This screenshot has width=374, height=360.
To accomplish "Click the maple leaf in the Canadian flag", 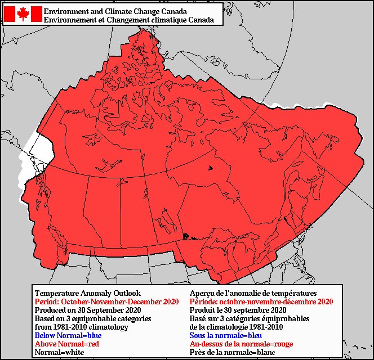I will point(23,14).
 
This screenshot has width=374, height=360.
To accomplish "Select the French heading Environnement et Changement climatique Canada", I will point(128,20).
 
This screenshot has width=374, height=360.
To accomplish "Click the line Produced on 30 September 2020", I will point(86,310).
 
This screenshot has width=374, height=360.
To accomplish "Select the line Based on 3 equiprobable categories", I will point(93,318).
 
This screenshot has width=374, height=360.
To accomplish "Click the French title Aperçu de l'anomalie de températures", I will point(253,293).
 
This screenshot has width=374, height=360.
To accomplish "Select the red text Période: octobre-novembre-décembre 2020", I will point(261,301).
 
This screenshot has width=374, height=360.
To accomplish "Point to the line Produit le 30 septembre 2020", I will point(238,310).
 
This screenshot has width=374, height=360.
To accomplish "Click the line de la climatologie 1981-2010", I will point(237,327).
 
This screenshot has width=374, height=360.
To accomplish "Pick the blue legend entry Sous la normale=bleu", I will point(227,335).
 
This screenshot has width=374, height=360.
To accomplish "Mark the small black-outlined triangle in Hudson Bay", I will point(210,168).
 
